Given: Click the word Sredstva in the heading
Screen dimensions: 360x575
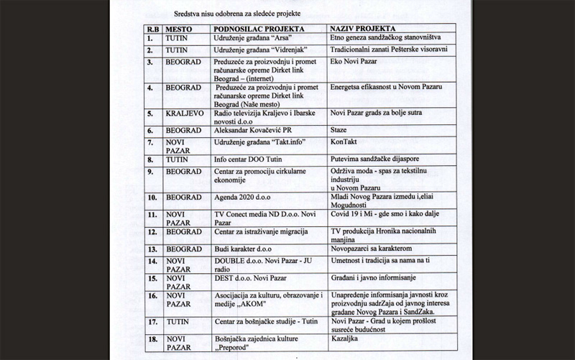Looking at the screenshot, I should click(188, 14).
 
